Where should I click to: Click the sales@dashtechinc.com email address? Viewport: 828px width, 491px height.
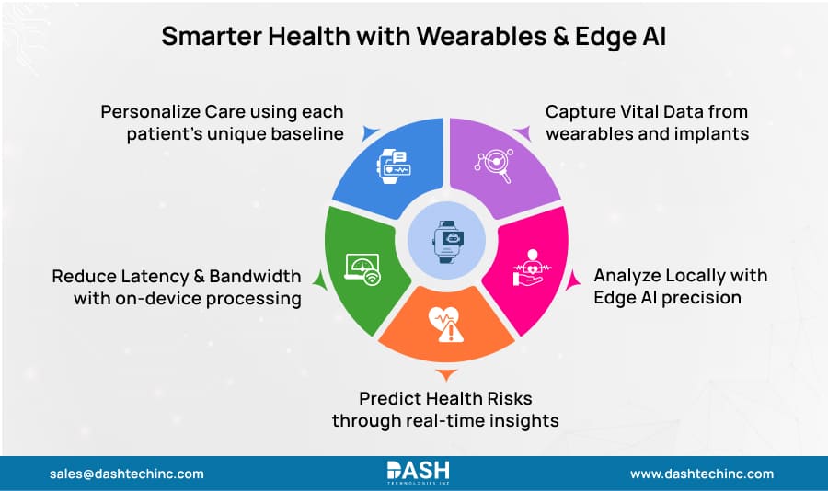tap(127, 474)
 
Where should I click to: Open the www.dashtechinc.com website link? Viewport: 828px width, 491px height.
tap(701, 474)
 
